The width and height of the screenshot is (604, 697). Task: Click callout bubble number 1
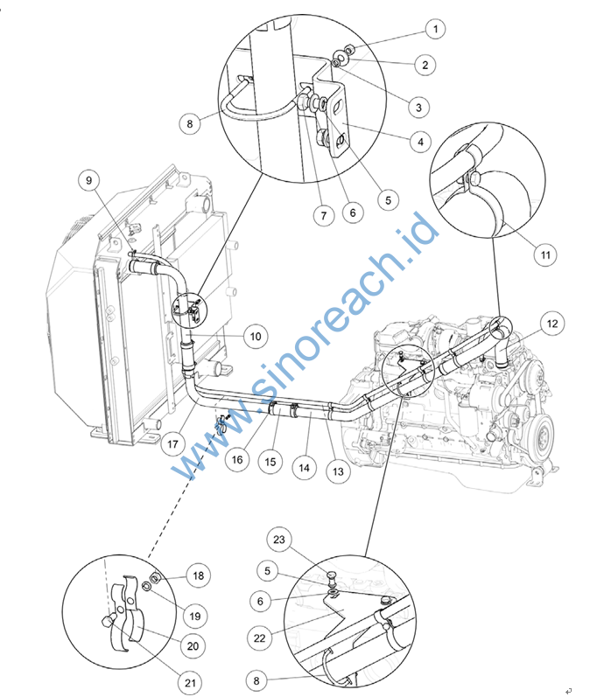tap(434, 29)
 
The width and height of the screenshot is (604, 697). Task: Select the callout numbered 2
tap(426, 64)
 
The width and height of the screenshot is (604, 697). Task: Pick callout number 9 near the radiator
tap(88, 180)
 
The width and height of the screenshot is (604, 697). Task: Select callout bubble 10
tap(254, 335)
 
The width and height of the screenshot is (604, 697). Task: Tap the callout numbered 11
tap(544, 255)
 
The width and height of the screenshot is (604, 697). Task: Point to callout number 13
tap(337, 471)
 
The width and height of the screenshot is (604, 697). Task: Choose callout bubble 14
tap(304, 468)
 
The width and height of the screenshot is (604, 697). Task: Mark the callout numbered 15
tap(270, 461)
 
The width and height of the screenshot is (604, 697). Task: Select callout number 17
tap(173, 444)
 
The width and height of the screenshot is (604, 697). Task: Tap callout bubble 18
tap(200, 575)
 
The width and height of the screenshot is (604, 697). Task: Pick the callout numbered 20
tap(192, 645)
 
